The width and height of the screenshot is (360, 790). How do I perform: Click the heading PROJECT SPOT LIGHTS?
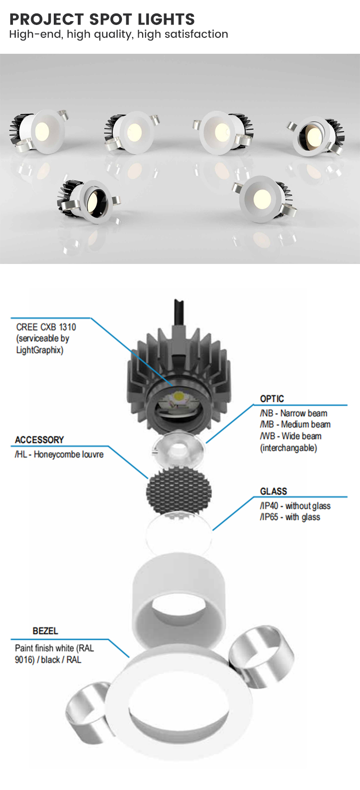pos(102,19)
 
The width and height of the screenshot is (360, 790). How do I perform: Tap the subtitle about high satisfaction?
pos(119,34)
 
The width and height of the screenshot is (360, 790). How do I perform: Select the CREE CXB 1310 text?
pos(46,327)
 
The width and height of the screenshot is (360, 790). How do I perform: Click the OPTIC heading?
pos(272,398)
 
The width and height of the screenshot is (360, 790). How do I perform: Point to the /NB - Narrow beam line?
pos(294,413)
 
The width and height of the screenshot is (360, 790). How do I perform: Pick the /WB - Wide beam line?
pos(291,436)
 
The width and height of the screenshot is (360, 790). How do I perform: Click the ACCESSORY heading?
pos(39,440)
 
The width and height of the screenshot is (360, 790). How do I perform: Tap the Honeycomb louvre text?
pos(69,454)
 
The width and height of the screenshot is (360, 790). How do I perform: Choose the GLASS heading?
pos(274,491)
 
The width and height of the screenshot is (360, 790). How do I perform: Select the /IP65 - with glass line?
pos(290,517)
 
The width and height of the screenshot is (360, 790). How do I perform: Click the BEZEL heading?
pos(45,631)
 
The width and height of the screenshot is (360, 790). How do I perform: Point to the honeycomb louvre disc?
pos(179,492)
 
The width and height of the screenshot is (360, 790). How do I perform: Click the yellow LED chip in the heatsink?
pos(179,396)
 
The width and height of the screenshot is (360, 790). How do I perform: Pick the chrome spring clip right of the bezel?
pos(262,649)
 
